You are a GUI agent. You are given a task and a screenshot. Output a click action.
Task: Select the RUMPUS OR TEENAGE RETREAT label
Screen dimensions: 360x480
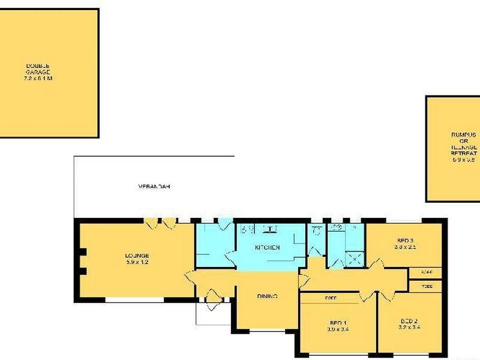(x=463, y=143)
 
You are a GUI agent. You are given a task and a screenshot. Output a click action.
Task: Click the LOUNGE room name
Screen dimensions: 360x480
(x=137, y=256)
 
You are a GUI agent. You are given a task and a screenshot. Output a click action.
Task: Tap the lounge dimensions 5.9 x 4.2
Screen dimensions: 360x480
(x=137, y=262)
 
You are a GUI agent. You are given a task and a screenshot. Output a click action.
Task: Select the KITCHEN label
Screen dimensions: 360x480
(x=268, y=247)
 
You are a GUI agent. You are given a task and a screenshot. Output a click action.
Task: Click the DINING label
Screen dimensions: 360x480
(x=266, y=296)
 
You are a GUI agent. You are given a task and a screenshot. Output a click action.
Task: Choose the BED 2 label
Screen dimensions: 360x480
(x=411, y=321)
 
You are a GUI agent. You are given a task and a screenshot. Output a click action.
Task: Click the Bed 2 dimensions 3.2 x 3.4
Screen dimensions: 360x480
(x=411, y=328)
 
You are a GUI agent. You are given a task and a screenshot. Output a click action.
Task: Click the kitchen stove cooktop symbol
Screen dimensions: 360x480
(x=247, y=229)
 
